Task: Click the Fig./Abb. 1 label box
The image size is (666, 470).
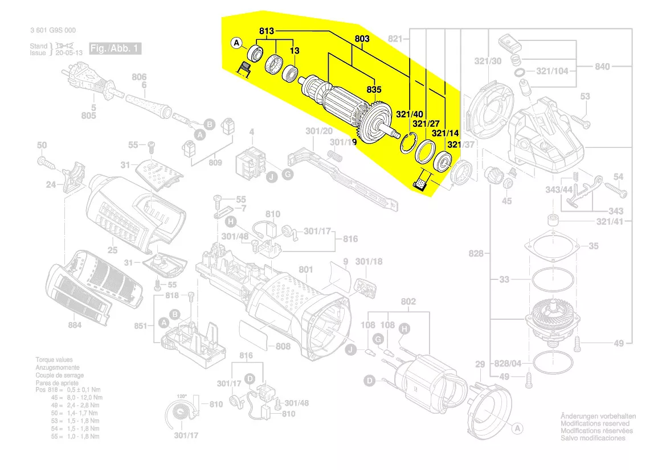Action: point(115,48)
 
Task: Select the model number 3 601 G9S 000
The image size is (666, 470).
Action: point(52,31)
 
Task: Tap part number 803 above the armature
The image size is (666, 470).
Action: point(362,39)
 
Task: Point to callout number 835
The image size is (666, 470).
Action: point(374,90)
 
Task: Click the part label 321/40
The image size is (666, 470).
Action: point(410,114)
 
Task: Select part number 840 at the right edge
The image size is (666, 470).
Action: point(602,67)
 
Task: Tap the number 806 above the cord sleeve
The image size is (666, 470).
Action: point(140,77)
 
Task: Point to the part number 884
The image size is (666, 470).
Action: point(75,325)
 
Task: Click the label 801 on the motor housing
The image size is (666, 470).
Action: point(306,269)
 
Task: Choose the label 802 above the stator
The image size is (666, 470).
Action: point(408,302)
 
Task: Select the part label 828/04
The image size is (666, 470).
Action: point(508,363)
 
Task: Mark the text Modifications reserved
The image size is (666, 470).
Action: point(595,423)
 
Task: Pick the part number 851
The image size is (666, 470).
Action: point(140,326)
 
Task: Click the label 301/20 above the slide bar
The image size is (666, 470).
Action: point(318,131)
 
